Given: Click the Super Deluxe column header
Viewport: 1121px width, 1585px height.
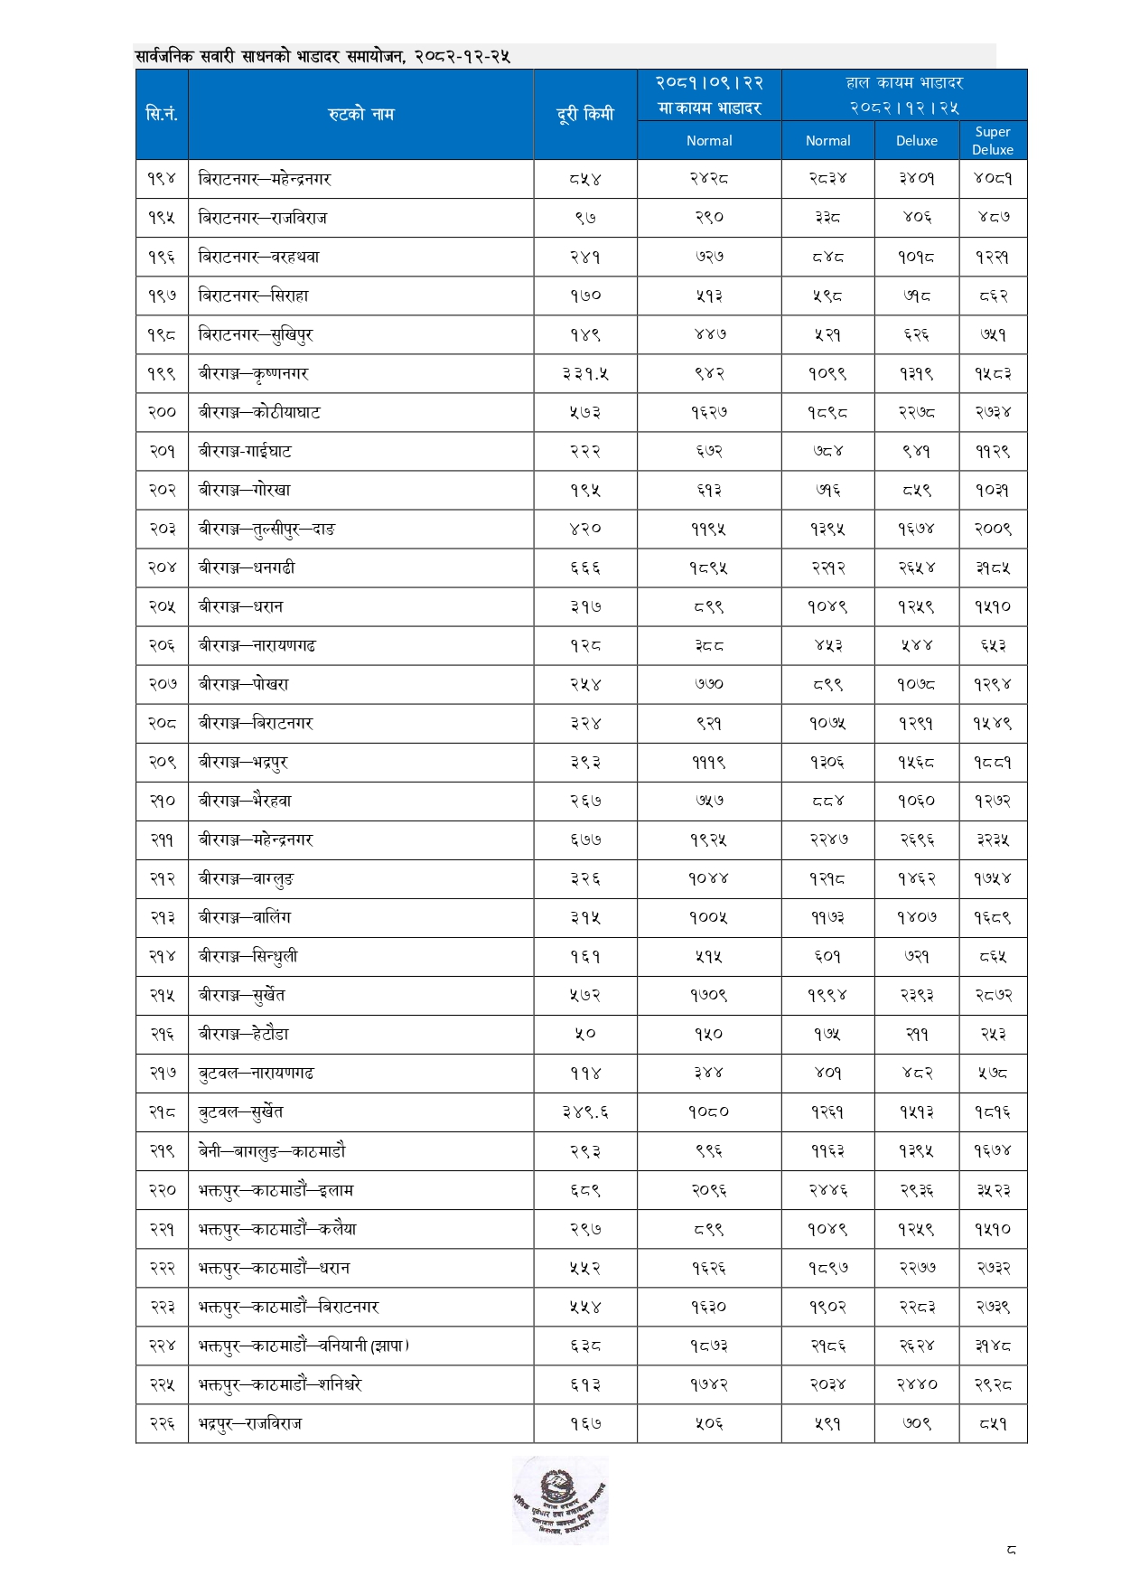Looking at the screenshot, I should (992, 140).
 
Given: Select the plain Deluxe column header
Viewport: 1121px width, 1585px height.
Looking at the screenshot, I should (916, 141).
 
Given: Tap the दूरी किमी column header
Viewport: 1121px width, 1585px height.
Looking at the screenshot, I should (584, 114).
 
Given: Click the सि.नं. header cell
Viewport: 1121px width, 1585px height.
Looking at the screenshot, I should (162, 114).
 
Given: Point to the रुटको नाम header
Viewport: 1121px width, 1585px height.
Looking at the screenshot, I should (360, 114).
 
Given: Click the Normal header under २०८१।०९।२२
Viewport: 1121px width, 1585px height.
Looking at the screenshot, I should (709, 141).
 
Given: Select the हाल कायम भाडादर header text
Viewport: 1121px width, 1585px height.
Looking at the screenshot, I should (904, 83).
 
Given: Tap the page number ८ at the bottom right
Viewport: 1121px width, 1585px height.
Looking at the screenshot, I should (1011, 1550).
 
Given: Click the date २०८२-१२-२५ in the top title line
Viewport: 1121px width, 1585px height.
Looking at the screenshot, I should (462, 57).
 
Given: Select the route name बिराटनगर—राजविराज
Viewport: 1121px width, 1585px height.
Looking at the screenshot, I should (263, 218).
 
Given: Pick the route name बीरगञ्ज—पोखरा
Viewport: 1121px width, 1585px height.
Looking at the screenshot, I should (244, 684).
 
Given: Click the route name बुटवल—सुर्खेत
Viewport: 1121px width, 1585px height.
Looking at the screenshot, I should (241, 1111).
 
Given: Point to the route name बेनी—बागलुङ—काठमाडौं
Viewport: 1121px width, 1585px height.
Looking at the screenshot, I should (272, 1151).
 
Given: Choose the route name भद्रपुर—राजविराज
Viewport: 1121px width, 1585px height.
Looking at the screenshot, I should (250, 1423).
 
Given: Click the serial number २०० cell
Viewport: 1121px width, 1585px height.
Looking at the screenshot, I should (162, 412).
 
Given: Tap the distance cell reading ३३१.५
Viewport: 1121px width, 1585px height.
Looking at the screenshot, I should (584, 373).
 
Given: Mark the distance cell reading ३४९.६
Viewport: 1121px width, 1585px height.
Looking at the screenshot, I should (584, 1112).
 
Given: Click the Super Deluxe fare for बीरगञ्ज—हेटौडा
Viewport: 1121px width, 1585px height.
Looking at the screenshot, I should (992, 1034).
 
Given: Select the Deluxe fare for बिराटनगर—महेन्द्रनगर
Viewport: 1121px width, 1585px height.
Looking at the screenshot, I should (916, 179).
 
